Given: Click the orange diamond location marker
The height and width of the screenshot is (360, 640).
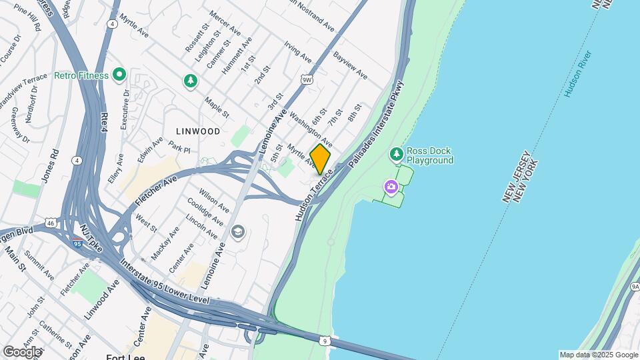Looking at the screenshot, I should (x=320, y=159).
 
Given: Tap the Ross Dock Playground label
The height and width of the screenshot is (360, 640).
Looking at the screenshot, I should (x=431, y=155).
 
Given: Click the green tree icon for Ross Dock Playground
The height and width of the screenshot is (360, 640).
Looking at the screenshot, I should (x=397, y=155).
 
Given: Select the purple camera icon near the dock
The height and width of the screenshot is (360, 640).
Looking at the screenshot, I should (x=391, y=187).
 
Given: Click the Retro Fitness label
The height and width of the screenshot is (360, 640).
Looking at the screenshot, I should (x=81, y=75).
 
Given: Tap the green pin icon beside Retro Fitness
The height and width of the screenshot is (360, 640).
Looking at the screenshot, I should (x=120, y=75).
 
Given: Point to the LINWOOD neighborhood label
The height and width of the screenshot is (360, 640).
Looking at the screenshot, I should (x=198, y=131).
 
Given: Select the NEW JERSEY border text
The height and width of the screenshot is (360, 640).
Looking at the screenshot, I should (x=514, y=177).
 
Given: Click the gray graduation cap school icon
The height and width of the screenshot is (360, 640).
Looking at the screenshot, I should (x=238, y=232).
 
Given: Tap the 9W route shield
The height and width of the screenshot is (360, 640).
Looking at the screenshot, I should (x=307, y=80).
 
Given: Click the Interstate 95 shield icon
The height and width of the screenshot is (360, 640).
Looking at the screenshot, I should (x=78, y=244).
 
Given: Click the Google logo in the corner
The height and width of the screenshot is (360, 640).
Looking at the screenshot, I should (x=22, y=352).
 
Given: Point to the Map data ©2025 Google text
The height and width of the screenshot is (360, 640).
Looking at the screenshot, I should (x=599, y=355).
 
